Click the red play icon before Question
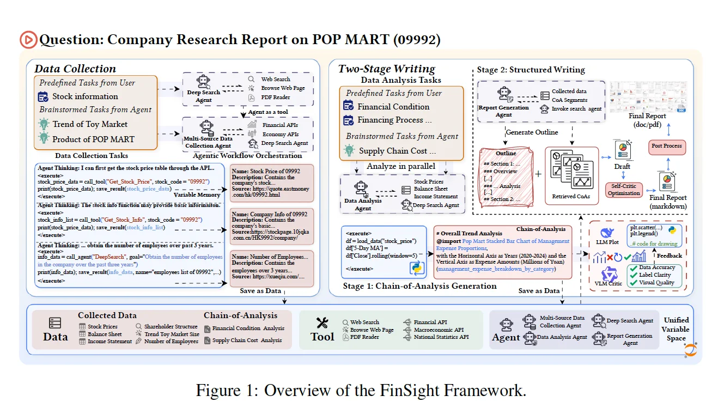pyautogui.click(x=28, y=40)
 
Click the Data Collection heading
pyautogui.click(x=75, y=69)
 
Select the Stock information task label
pyautogui.click(x=85, y=96)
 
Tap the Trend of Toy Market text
pyautogui.click(x=90, y=124)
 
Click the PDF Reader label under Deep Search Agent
pyautogui.click(x=276, y=98)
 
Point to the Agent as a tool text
pyautogui.click(x=268, y=112)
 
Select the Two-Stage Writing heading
pyautogui.click(x=386, y=69)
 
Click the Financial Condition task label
pyautogui.click(x=393, y=107)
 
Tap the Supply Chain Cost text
pyautogui.click(x=397, y=151)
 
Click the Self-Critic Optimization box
pyautogui.click(x=624, y=190)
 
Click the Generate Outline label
pyautogui.click(x=532, y=132)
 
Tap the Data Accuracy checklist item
pyautogui.click(x=656, y=267)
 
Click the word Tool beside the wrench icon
pyautogui.click(x=323, y=337)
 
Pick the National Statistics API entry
pyautogui.click(x=441, y=337)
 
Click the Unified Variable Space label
pyautogui.click(x=676, y=329)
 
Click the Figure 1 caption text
pyautogui.click(x=361, y=391)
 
